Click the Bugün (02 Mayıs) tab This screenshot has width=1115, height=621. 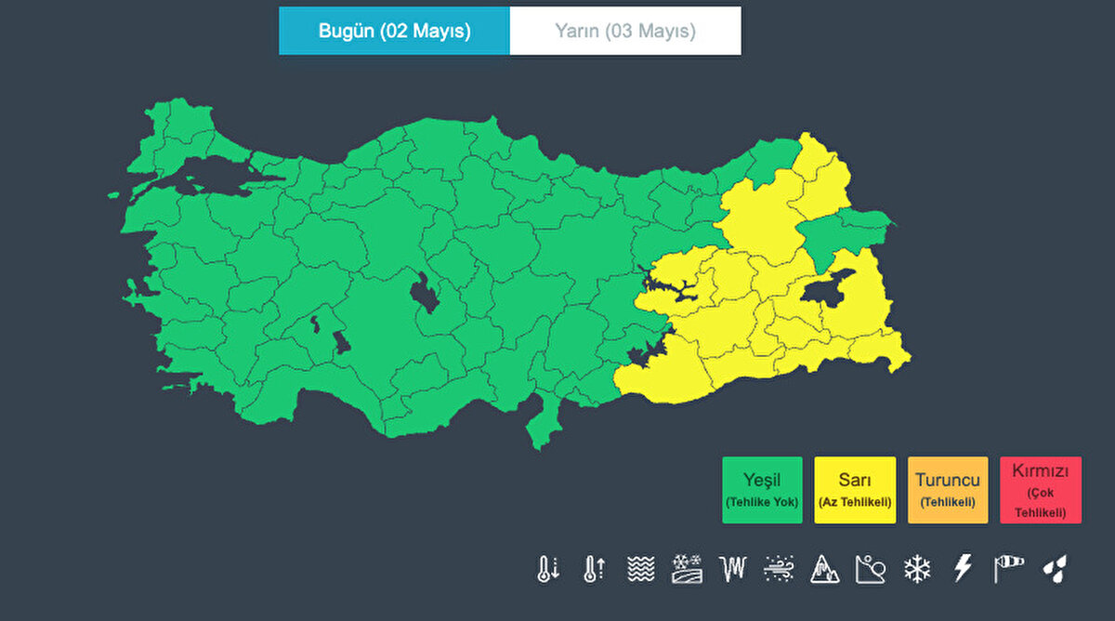pyautogui.click(x=394, y=31)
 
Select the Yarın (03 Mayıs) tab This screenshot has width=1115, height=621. pyautogui.click(x=625, y=31)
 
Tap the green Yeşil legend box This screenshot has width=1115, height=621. pyautogui.click(x=762, y=490)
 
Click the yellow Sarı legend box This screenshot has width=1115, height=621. pyautogui.click(x=855, y=490)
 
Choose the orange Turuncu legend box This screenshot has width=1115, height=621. pyautogui.click(x=948, y=490)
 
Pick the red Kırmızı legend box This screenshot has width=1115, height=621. pyautogui.click(x=1041, y=490)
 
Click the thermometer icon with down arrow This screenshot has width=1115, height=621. pyautogui.click(x=547, y=569)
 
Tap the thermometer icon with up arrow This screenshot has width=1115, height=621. pyautogui.click(x=593, y=569)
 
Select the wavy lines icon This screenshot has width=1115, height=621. pyautogui.click(x=639, y=569)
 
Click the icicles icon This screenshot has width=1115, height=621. pyautogui.click(x=732, y=569)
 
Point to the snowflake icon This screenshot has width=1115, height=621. pyautogui.click(x=917, y=569)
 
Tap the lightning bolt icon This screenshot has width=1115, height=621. pyautogui.click(x=964, y=569)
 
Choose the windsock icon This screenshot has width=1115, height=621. pyautogui.click(x=1009, y=569)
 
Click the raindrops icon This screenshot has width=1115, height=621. pyautogui.click(x=1056, y=569)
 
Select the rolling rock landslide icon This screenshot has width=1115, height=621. pyautogui.click(x=871, y=569)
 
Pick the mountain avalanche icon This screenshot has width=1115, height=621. pyautogui.click(x=824, y=569)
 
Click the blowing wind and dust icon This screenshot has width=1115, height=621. pyautogui.click(x=779, y=569)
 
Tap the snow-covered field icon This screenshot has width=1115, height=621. pyautogui.click(x=686, y=569)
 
